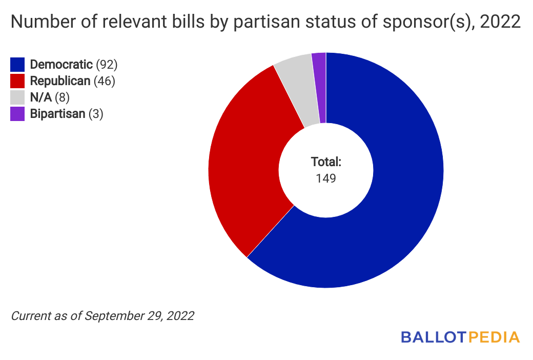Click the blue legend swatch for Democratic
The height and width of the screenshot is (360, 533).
(x=17, y=64)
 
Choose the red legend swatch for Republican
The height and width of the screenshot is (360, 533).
(x=17, y=81)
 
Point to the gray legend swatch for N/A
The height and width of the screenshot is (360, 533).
(x=17, y=97)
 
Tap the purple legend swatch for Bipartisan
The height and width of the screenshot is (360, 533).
(x=17, y=114)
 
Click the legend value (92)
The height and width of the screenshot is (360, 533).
(x=107, y=65)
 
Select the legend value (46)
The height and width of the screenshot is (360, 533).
(x=105, y=81)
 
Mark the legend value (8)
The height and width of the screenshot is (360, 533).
(x=61, y=97)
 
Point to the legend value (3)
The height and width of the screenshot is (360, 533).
(x=96, y=114)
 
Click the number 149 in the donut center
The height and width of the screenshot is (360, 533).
(x=326, y=178)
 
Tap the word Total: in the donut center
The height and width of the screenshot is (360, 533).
(x=326, y=162)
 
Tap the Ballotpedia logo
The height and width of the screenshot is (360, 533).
(x=460, y=337)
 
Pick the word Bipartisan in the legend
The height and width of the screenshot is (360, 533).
(x=57, y=114)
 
